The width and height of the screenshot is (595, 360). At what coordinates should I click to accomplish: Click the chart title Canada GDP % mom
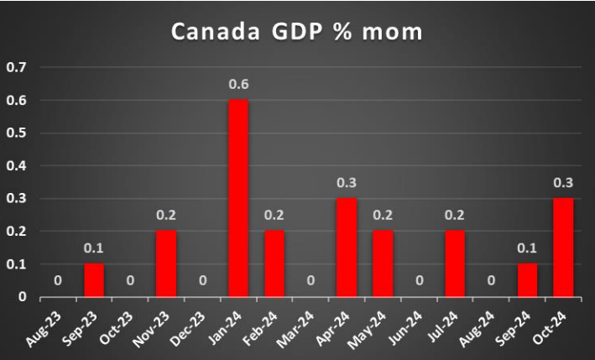tap(297, 31)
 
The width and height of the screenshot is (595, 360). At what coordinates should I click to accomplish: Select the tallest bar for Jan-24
tap(238, 198)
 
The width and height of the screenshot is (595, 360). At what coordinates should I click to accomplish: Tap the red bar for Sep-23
tap(94, 280)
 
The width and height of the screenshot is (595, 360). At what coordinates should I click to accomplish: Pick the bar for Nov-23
tap(166, 263)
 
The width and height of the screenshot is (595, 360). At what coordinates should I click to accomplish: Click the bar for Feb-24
tap(274, 263)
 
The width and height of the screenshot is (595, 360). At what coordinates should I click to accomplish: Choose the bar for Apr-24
tap(347, 248)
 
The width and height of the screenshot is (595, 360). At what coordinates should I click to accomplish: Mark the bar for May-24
tap(383, 263)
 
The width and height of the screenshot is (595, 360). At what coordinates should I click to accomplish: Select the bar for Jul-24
tap(455, 263)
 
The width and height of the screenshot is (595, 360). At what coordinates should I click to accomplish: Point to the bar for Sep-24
tap(527, 280)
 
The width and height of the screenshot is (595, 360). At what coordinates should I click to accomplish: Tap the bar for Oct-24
tap(563, 248)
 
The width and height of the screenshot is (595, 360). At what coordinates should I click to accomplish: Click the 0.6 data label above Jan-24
tap(238, 85)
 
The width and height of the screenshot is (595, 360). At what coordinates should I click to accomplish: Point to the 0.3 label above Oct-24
tap(563, 183)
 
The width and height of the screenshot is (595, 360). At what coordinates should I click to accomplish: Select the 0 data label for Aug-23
tap(58, 281)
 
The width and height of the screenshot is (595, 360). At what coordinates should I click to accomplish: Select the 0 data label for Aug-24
tap(491, 281)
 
